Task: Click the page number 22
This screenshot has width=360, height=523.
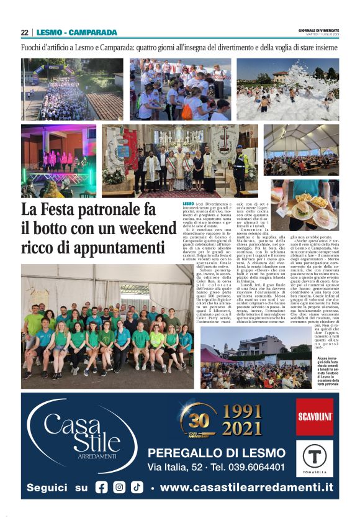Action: (x=25, y=32)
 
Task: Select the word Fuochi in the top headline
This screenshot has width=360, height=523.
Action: (x=34, y=47)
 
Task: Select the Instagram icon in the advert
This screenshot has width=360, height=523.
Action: (x=119, y=488)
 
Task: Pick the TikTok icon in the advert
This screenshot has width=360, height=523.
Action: (x=137, y=488)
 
